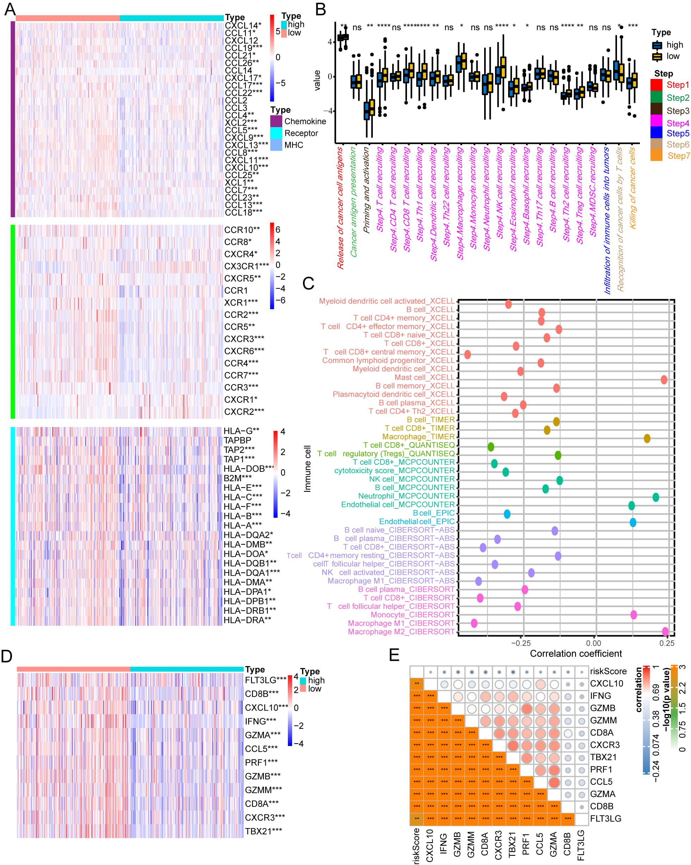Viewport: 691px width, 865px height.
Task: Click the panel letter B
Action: (x=320, y=10)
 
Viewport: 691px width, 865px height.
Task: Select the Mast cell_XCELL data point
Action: (x=664, y=380)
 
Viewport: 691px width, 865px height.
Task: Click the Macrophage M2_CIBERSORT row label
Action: (x=401, y=632)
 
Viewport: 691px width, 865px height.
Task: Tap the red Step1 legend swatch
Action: (x=656, y=85)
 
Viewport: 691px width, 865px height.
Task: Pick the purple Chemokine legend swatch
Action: (x=276, y=121)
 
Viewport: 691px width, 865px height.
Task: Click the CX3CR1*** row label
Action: (x=246, y=266)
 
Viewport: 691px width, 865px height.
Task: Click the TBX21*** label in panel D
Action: (x=263, y=831)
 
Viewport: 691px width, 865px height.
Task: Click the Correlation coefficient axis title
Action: (x=575, y=653)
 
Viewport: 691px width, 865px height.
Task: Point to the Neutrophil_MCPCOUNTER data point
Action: (x=656, y=497)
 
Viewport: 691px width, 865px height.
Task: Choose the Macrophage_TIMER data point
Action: (x=647, y=439)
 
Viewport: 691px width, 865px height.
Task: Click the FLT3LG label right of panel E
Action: (x=605, y=818)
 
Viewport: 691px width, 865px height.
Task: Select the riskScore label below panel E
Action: (x=416, y=845)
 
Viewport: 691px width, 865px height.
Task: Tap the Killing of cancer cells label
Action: (x=633, y=188)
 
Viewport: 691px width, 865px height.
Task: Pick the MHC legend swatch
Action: (x=276, y=145)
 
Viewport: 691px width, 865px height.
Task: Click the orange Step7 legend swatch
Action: (x=656, y=155)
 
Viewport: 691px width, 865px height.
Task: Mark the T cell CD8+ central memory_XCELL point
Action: (x=467, y=355)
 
